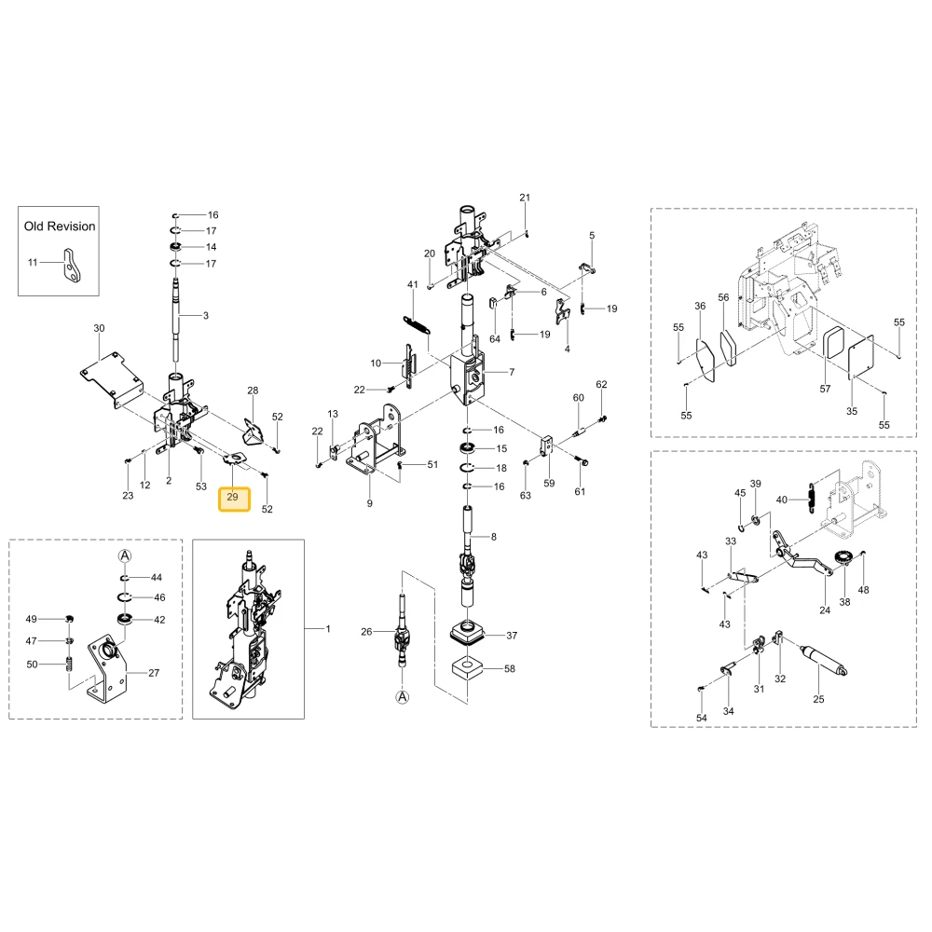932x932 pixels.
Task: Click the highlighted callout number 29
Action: coord(233,497)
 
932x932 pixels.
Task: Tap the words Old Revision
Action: coord(60,226)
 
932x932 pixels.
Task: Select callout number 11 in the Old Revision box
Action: coord(33,262)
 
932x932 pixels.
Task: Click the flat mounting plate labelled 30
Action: coord(113,379)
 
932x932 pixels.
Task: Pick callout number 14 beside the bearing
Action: coord(211,247)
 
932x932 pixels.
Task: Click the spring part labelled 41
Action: coord(418,325)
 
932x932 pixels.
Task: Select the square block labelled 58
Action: coord(467,668)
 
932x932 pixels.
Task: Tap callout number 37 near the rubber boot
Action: coord(512,636)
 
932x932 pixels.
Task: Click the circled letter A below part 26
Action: coord(403,696)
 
